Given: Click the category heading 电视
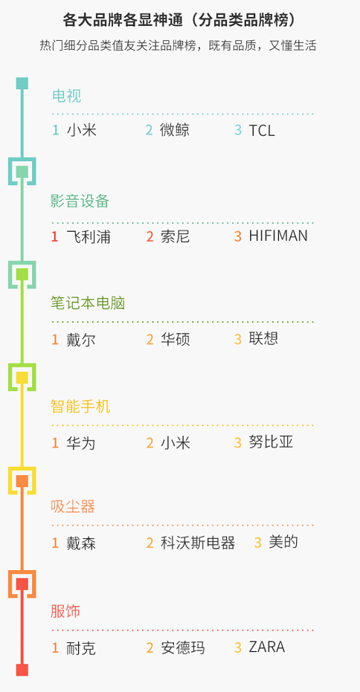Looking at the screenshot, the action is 67,96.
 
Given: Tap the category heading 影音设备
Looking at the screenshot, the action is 80,201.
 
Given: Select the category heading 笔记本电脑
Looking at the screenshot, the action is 88,303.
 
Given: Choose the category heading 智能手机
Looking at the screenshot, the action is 80,406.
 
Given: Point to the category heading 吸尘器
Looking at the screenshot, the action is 73,506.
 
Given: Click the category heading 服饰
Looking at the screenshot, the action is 65,612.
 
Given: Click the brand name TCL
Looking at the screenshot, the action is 262,130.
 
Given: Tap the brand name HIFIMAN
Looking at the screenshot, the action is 278,236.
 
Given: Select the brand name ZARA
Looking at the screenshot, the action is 267,647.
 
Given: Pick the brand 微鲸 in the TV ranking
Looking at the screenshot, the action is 175,130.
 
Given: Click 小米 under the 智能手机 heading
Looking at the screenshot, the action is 175,443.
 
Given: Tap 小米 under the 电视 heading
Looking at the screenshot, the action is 82,130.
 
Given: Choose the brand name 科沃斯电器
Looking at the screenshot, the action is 197,543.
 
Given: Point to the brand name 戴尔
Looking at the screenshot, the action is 81,340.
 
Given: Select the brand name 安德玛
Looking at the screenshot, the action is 182,648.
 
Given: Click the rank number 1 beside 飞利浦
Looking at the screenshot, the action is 55,236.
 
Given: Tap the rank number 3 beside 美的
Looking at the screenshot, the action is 258,543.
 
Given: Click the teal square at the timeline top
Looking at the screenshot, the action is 22,83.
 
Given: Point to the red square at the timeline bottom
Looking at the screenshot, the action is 22,670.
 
